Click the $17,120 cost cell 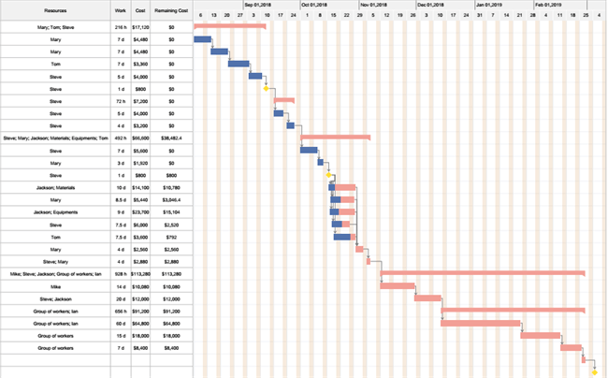pyautogui.click(x=140, y=27)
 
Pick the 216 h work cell pyautogui.click(x=120, y=27)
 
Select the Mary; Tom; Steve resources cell pyautogui.click(x=55, y=27)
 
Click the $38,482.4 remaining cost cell pyautogui.click(x=171, y=138)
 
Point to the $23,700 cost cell pyautogui.click(x=140, y=211)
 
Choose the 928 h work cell pyautogui.click(x=120, y=273)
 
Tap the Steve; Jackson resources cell pyautogui.click(x=55, y=298)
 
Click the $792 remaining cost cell pyautogui.click(x=171, y=237)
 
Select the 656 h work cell pyautogui.click(x=120, y=310)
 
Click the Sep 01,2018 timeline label pyautogui.click(x=258, y=5)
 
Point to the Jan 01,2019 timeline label pyautogui.click(x=489, y=5)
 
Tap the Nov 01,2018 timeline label pyautogui.click(x=373, y=5)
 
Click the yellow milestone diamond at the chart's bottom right pyautogui.click(x=594, y=371)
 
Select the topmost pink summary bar pyautogui.click(x=229, y=26)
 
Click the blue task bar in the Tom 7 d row pyautogui.click(x=239, y=64)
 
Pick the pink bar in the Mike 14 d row pyautogui.click(x=397, y=285)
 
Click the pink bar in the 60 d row pyautogui.click(x=480, y=323)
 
